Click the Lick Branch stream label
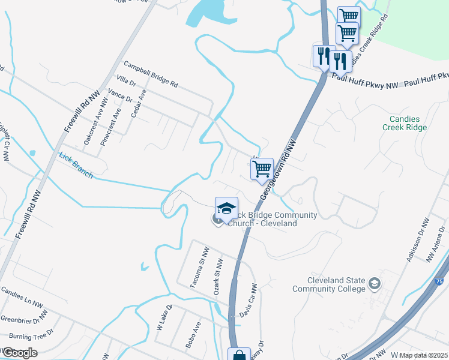[x=76, y=165]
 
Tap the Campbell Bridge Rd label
[x=151, y=74]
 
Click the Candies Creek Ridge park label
[x=405, y=123]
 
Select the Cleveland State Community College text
[x=328, y=284]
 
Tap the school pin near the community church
[x=226, y=208]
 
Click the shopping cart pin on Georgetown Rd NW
[x=262, y=170]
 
